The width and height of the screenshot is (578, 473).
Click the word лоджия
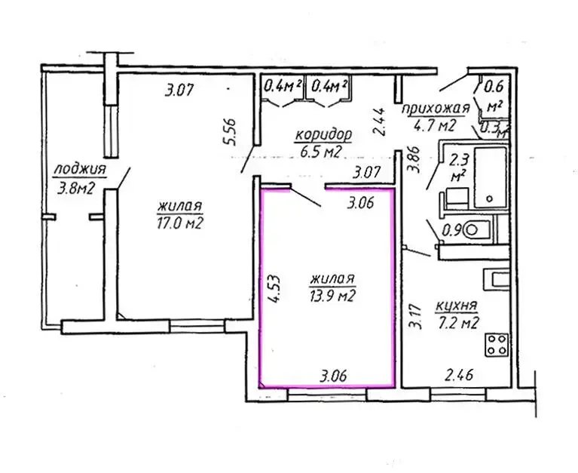click(x=80, y=170)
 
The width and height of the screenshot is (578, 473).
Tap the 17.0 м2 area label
click(x=180, y=223)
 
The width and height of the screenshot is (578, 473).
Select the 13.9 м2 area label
click(x=333, y=296)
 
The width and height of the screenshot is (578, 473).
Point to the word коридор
click(x=323, y=135)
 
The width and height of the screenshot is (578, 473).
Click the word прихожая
click(x=436, y=109)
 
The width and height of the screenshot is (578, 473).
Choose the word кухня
click(x=457, y=306)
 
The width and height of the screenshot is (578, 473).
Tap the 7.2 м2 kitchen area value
click(x=458, y=323)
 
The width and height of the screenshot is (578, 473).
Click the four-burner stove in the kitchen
click(x=497, y=345)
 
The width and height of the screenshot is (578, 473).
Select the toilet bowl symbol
click(x=476, y=231)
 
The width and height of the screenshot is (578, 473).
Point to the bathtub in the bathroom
click(x=490, y=177)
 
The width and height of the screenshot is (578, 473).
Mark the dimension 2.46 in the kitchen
click(x=459, y=375)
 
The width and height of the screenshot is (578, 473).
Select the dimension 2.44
click(x=379, y=121)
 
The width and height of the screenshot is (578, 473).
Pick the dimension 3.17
click(x=415, y=316)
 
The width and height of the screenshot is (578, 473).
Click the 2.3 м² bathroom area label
click(x=459, y=167)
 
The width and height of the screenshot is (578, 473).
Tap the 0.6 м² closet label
click(x=494, y=97)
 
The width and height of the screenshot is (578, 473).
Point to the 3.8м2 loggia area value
click(x=76, y=189)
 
